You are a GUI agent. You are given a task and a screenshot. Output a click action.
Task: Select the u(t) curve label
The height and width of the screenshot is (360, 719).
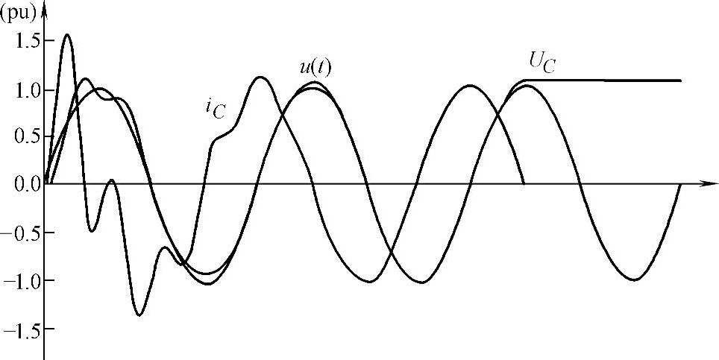click(315, 67)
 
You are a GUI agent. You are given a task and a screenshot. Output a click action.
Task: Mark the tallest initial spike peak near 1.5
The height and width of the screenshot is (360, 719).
click(68, 34)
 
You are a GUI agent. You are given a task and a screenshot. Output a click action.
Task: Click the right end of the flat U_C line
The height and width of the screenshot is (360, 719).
click(680, 80)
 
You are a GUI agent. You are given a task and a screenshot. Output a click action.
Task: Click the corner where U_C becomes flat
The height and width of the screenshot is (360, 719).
click(525, 80)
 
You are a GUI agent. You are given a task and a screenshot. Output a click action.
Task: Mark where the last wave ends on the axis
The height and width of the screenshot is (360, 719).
click(680, 183)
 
